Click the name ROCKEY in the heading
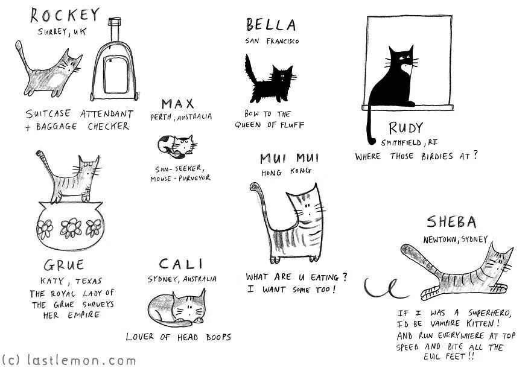(x=65, y=16)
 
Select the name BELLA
(x=271, y=25)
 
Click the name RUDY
(x=405, y=128)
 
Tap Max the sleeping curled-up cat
(x=177, y=146)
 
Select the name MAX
(x=178, y=104)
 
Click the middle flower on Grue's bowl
(x=71, y=228)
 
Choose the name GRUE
(x=64, y=265)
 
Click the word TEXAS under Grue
(x=88, y=281)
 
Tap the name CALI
(x=181, y=264)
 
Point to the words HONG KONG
(x=287, y=171)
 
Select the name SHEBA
(x=451, y=222)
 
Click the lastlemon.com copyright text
(x=69, y=360)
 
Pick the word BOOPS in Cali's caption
(x=218, y=337)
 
